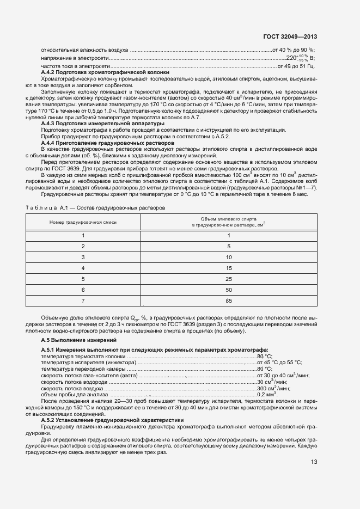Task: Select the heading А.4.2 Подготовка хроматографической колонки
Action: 105,72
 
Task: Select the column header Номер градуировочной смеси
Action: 83,222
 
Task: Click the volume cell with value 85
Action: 229,300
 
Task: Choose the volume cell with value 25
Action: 229,278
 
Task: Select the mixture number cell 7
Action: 83,300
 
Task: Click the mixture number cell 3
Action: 83,256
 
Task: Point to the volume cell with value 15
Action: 229,267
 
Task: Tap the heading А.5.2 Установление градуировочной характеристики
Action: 105,420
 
